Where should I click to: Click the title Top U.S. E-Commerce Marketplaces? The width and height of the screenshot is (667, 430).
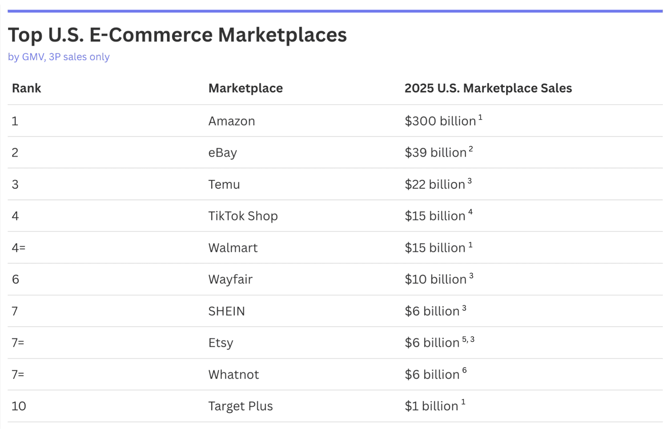[177, 35]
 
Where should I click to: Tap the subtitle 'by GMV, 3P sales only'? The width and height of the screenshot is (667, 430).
[59, 57]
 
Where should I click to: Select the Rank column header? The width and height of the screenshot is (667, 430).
[26, 88]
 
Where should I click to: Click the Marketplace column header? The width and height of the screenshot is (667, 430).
[245, 88]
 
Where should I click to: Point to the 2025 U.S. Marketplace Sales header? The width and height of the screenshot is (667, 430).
[488, 88]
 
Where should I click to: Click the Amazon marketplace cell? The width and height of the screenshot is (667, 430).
[231, 121]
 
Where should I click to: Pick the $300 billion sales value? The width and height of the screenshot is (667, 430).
[440, 121]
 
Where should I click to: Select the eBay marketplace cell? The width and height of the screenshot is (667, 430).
[222, 153]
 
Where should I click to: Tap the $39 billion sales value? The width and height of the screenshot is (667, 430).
[435, 153]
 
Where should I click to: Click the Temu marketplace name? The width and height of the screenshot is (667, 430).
[224, 184]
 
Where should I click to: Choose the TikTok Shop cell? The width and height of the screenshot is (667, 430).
[243, 216]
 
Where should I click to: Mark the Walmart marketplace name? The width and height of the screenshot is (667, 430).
[233, 248]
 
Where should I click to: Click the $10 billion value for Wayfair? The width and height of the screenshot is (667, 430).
[435, 280]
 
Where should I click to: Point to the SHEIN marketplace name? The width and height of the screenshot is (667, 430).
[226, 311]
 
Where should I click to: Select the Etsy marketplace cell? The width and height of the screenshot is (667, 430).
[221, 343]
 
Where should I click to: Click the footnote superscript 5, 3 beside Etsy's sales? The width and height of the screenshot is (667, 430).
[468, 340]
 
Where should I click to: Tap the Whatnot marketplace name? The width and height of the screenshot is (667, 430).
[233, 374]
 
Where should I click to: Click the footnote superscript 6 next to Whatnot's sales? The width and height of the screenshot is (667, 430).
[464, 370]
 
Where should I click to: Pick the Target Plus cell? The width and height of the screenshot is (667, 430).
[240, 406]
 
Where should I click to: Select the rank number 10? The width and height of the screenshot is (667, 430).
[19, 406]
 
